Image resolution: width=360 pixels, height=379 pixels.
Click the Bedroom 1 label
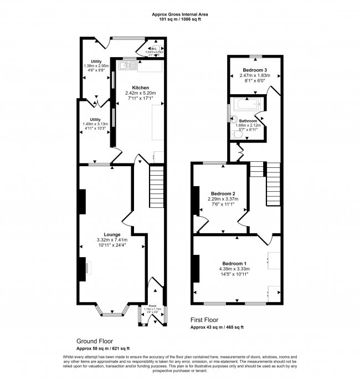pyautogui.click(x=234, y=263)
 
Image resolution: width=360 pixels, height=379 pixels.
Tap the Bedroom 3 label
pyautogui.click(x=253, y=70)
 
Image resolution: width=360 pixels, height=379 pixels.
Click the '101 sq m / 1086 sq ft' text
pyautogui.click(x=180, y=20)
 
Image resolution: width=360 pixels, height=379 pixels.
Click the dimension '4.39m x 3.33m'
pyautogui.click(x=234, y=269)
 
